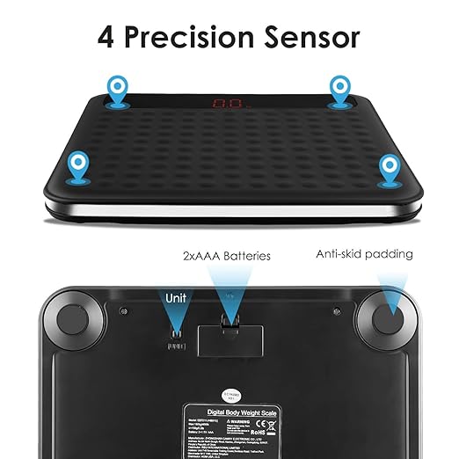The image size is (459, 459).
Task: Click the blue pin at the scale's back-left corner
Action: point(116,87)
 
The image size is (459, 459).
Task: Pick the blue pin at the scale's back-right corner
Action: point(340,87)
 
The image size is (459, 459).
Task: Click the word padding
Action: point(390,255)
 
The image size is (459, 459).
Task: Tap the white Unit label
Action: point(176,298)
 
